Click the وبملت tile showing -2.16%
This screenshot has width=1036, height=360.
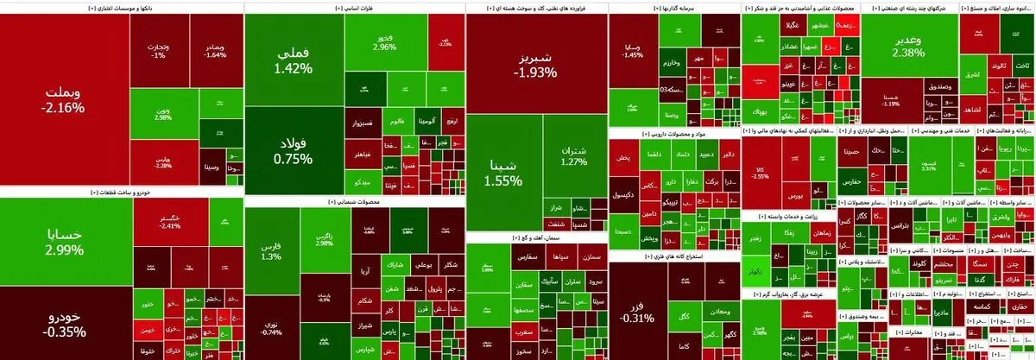click(62, 99)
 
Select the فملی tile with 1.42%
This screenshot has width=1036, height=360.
click(293, 60)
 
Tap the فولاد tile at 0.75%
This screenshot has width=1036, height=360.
click(293, 151)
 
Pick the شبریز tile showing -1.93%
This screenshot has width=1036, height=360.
click(535, 65)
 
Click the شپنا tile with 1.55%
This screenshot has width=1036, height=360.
click(503, 173)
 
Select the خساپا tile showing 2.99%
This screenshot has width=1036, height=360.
click(66, 242)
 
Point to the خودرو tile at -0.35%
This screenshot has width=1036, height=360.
click(66, 323)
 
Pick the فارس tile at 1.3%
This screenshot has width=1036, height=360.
click(270, 250)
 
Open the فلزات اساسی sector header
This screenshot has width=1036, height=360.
click(354, 7)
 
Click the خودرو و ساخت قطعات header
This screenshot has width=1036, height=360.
click(121, 193)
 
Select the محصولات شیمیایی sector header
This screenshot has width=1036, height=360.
click(354, 201)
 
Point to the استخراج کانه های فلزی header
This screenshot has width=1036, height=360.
click(673, 256)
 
